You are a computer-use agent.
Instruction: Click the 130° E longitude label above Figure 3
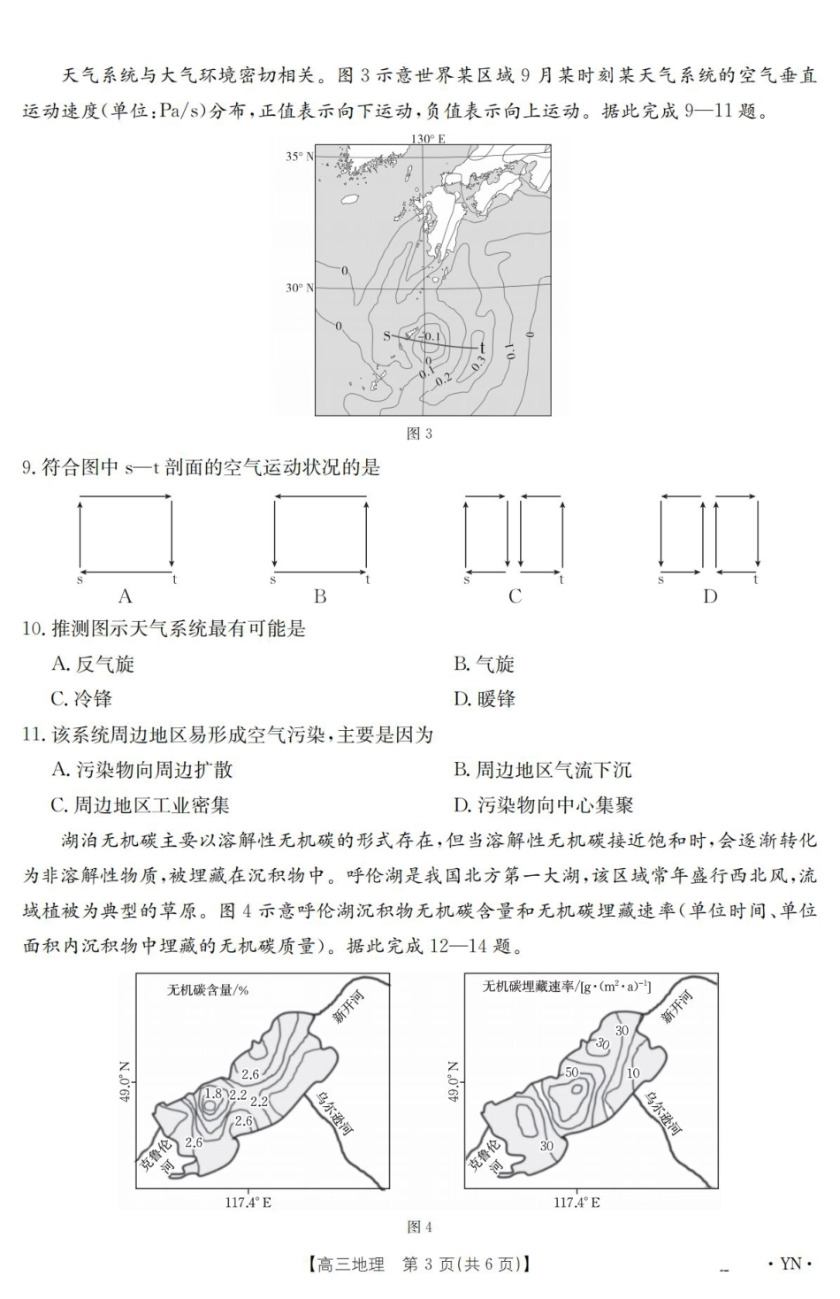(428, 139)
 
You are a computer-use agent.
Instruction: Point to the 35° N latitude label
(299, 157)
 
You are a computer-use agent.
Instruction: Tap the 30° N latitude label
(299, 288)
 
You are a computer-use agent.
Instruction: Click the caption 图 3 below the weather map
(419, 434)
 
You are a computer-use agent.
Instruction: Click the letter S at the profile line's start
(386, 336)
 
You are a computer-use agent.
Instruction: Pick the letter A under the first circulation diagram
(125, 597)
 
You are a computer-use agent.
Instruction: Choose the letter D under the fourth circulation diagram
(709, 597)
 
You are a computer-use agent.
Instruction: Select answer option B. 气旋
(484, 665)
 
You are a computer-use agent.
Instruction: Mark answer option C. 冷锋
(81, 699)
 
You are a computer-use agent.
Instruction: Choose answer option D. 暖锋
(484, 699)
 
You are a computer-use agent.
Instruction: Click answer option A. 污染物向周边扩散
(141, 770)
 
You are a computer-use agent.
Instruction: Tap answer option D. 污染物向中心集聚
(543, 805)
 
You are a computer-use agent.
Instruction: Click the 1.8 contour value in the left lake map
(213, 1094)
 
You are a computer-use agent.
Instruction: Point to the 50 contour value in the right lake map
(571, 1072)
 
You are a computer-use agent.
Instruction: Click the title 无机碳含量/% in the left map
(208, 990)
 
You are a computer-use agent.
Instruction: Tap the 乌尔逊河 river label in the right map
(664, 1111)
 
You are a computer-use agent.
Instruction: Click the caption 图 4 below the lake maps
(419, 1226)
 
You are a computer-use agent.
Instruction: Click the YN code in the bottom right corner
(790, 1264)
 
